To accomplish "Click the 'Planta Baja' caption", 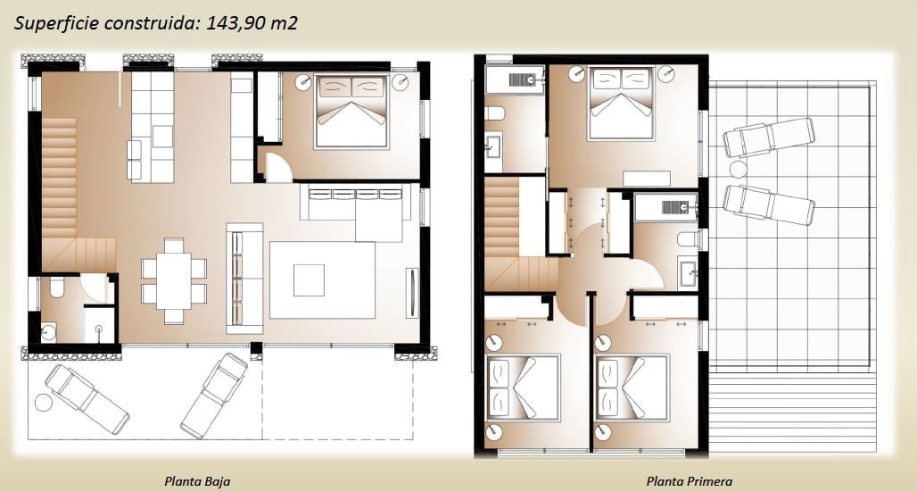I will pyautogui.click(x=197, y=481).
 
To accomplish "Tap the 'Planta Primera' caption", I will pyautogui.click(x=689, y=481).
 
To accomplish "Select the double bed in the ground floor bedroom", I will pyautogui.click(x=351, y=112).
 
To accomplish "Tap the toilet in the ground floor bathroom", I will pyautogui.click(x=54, y=288).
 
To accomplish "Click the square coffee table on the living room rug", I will pyautogui.click(x=310, y=279).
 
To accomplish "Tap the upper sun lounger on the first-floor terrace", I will pyautogui.click(x=768, y=138).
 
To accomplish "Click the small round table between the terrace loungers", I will pyautogui.click(x=738, y=170).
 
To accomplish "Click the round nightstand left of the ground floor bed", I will pyautogui.click(x=304, y=80).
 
